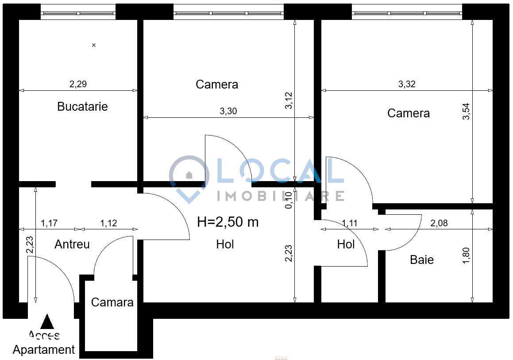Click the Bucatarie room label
tap(82, 107)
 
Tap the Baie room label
tap(421, 260)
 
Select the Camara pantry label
tap(112, 302)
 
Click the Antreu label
tap(72, 244)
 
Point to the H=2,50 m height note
tap(228, 222)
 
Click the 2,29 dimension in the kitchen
tap(78, 84)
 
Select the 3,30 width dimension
tap(228, 111)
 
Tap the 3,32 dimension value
tap(407, 84)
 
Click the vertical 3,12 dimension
tap(289, 101)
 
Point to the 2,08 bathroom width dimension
tap(439, 223)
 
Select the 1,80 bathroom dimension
tap(465, 256)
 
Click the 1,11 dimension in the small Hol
tap(350, 223)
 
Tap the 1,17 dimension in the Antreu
tap(50, 223)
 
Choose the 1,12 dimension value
tap(109, 223)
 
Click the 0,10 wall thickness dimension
tap(289, 200)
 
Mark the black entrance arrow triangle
tap(47, 321)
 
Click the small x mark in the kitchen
tap(94, 45)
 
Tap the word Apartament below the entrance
tap(44, 350)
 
